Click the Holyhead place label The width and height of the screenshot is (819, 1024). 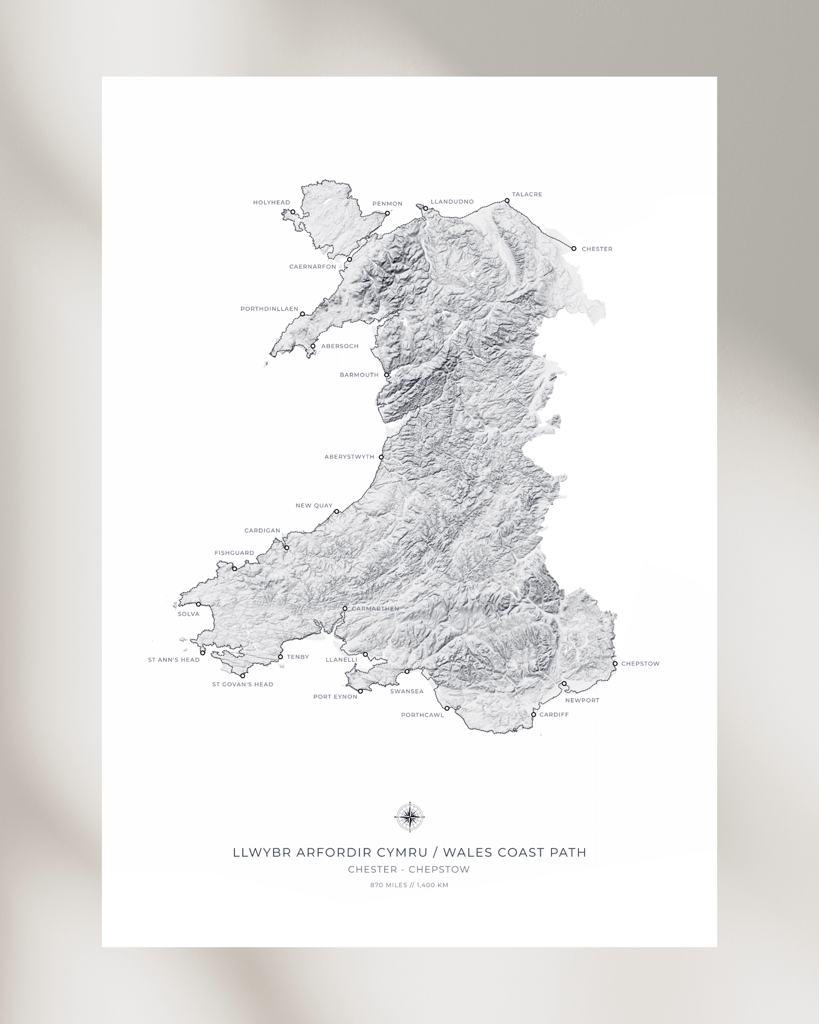coord(271,202)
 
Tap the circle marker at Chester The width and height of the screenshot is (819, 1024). coord(574,248)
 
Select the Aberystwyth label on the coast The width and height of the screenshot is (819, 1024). coord(349,456)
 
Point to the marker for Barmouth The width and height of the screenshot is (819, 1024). coord(387,375)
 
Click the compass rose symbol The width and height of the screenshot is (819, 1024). coord(409,817)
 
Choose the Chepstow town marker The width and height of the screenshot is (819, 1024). coord(615,663)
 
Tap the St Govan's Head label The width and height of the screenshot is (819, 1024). coord(243,684)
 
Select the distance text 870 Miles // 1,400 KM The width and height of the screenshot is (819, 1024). coord(409,885)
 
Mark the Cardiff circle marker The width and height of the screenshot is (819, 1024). coord(533,714)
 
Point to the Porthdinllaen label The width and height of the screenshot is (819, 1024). coord(269,309)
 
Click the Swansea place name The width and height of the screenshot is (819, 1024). coord(406,691)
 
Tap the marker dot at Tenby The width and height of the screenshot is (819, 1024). coord(280,657)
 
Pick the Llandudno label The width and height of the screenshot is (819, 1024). coord(452,202)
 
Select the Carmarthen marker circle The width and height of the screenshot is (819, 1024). coord(345,608)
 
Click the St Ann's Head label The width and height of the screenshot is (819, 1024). coord(173,660)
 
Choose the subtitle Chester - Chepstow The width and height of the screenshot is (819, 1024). coord(409,869)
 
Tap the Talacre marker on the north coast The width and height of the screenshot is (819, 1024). coord(507,201)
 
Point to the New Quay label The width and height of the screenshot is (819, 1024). coord(313,505)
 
